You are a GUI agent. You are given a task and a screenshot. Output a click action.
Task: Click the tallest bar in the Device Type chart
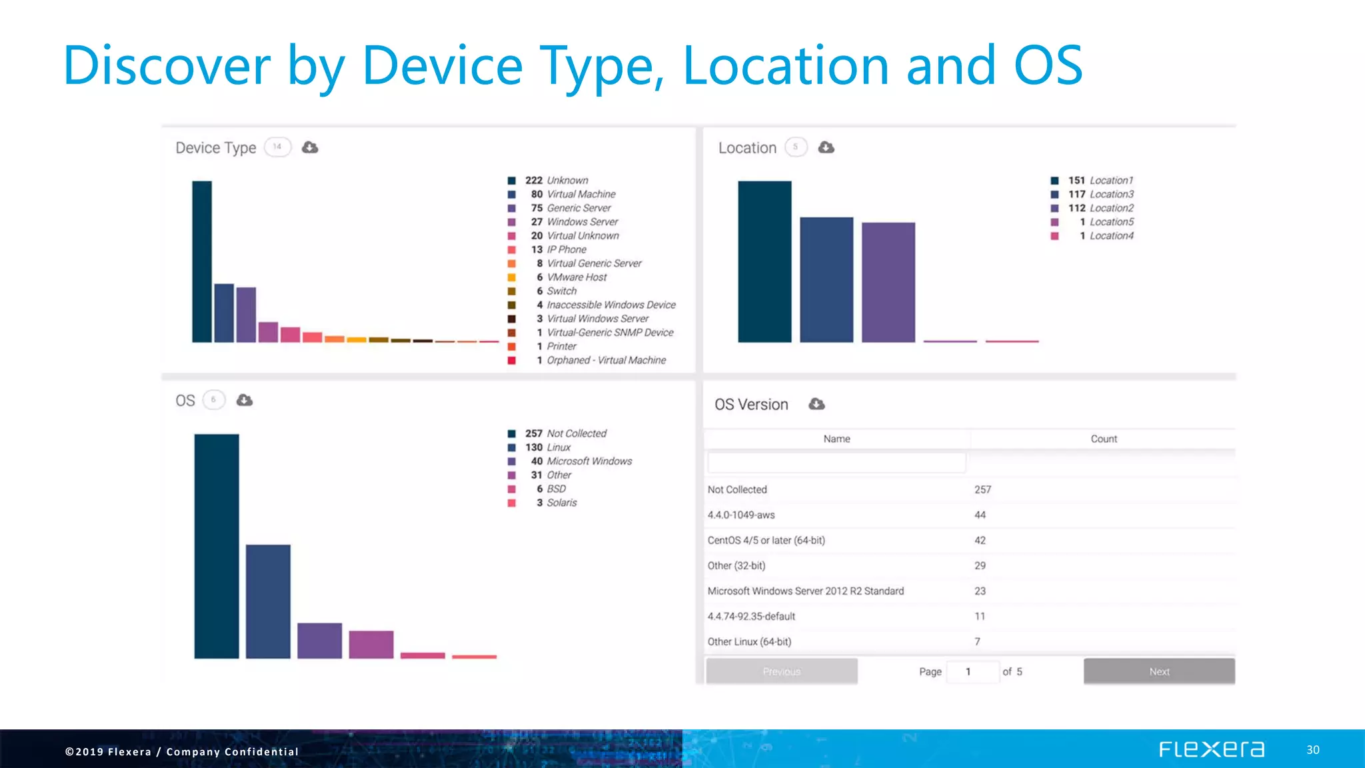202,261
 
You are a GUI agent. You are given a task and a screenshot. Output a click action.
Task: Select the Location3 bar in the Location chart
826,279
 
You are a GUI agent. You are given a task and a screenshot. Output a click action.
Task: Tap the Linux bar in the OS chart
268,601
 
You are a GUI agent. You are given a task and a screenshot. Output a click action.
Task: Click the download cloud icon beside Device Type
310,147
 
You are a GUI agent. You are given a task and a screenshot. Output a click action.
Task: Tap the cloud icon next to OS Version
816,404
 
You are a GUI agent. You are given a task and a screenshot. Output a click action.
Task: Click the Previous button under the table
782,671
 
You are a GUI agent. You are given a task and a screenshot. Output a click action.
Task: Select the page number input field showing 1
972,671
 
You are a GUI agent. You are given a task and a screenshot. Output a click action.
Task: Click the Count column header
1103,439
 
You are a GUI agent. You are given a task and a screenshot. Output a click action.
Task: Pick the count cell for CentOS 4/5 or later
980,540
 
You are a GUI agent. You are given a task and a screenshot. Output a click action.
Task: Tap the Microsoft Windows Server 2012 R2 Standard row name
805,591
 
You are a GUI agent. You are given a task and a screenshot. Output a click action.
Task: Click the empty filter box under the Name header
836,463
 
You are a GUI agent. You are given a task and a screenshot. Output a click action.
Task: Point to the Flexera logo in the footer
1211,749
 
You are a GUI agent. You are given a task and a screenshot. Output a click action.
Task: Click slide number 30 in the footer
1312,750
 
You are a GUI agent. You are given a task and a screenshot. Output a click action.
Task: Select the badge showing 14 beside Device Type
277,147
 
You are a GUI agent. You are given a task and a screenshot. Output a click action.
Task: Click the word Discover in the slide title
167,65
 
